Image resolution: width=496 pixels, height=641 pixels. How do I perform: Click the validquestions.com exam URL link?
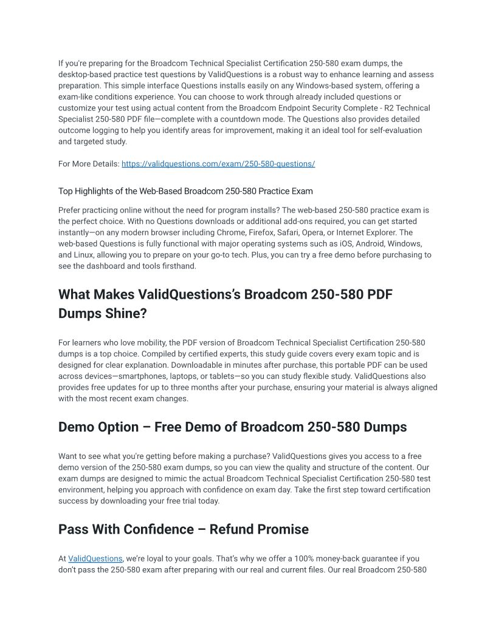[x=218, y=164]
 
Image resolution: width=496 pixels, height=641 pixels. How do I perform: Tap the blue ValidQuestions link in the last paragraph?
[x=95, y=558]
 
